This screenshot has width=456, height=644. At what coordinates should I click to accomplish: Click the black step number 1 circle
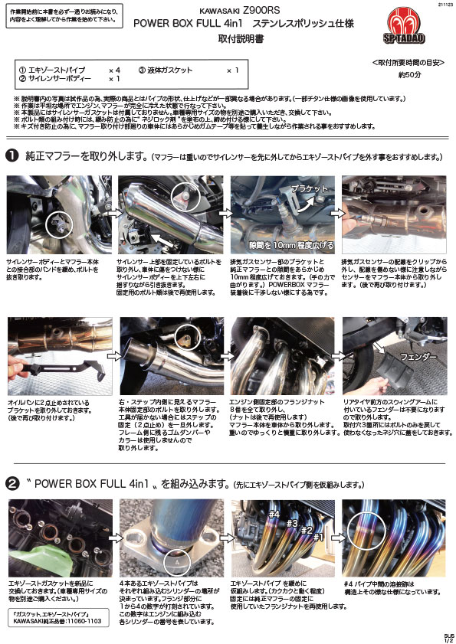[x=12, y=156]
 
